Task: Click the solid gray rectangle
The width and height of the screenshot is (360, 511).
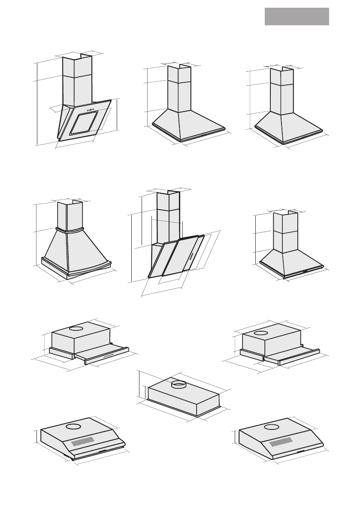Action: pyautogui.click(x=296, y=16)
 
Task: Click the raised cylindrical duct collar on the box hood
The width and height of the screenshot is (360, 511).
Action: pyautogui.click(x=178, y=384)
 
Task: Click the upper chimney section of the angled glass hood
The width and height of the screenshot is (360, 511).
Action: pyautogui.click(x=77, y=67)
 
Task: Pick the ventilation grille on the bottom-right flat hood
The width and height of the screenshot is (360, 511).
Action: pyautogui.click(x=281, y=441)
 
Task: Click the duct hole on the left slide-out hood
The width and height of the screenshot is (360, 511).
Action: pyautogui.click(x=76, y=329)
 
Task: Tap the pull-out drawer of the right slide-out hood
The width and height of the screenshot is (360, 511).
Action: pyautogui.click(x=292, y=354)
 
